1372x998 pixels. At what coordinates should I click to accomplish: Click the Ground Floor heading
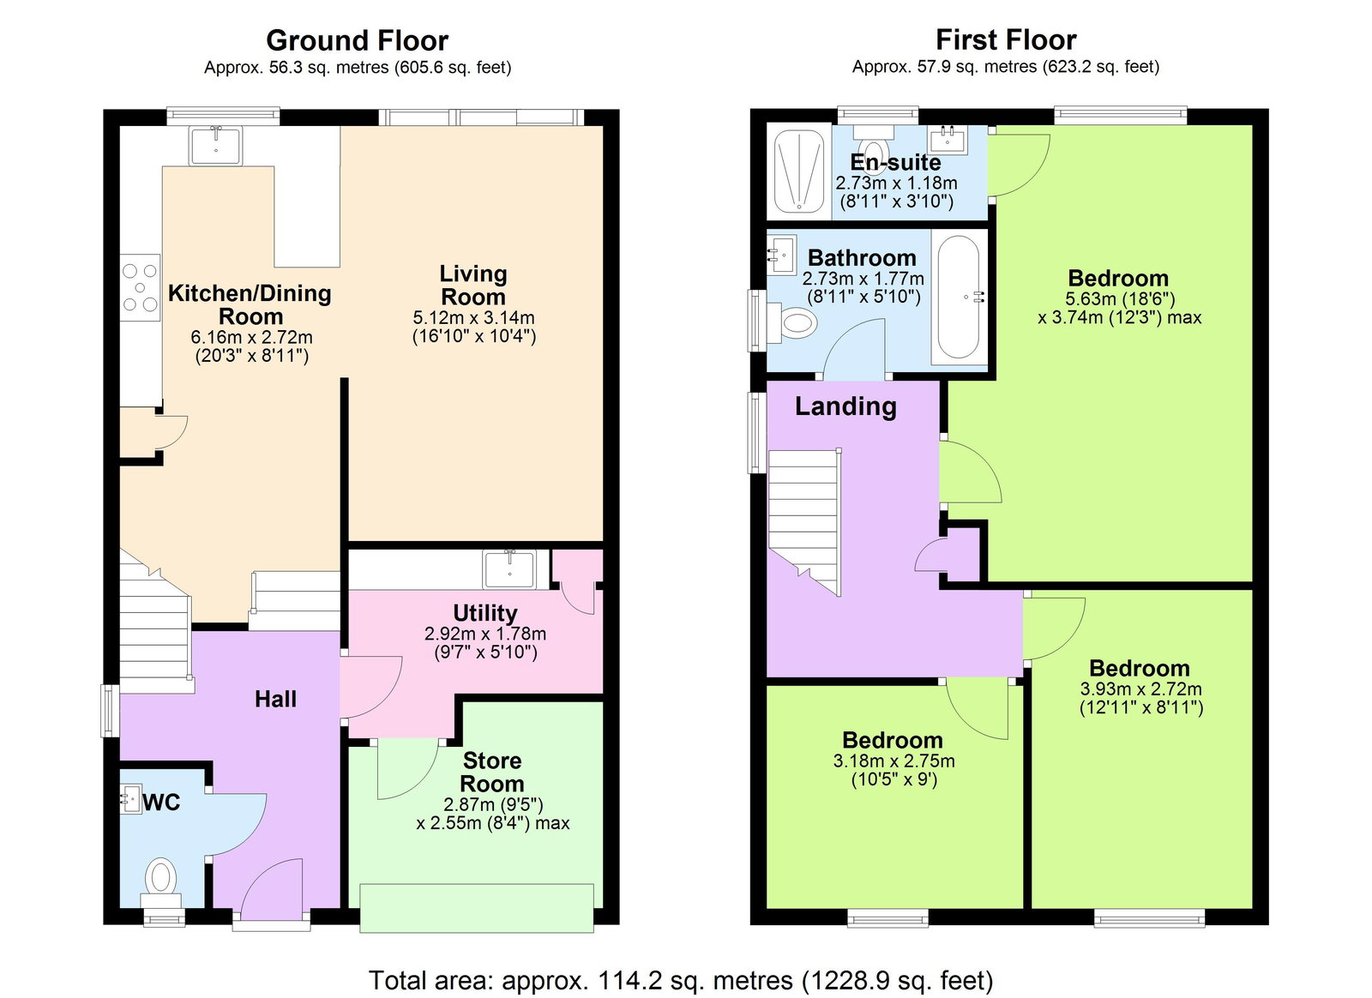(357, 40)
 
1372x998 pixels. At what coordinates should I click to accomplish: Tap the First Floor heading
(1005, 39)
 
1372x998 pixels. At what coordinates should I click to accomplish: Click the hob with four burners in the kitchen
(140, 287)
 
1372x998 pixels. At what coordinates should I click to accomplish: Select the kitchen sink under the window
(216, 145)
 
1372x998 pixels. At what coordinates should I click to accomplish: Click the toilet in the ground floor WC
(160, 879)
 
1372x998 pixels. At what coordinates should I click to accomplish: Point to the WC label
(161, 803)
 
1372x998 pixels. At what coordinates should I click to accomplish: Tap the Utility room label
(484, 613)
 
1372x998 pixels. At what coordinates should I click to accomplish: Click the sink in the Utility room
(509, 568)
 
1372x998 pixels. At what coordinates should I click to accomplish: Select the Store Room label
(491, 772)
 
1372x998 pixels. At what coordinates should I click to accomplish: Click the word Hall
(275, 700)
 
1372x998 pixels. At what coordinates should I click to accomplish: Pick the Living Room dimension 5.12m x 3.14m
(473, 317)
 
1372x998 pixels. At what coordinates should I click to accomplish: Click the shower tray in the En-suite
(799, 170)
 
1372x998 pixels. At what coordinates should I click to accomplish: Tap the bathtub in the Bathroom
(958, 297)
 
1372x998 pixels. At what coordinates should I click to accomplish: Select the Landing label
(845, 406)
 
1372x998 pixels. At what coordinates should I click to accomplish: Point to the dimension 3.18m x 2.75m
(894, 761)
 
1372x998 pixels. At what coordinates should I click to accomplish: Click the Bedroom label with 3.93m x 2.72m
(1139, 668)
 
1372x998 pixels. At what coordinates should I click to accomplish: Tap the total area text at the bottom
(681, 979)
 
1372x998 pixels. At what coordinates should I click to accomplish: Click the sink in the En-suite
(948, 139)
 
